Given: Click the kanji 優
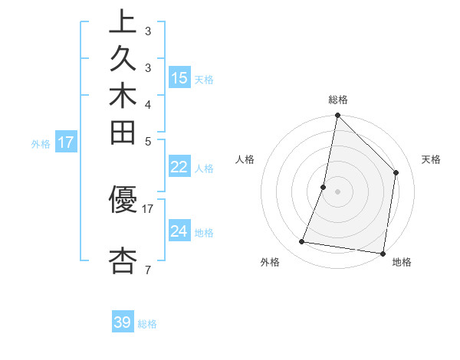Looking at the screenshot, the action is click(x=123, y=201).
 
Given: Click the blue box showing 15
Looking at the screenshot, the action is click(x=179, y=77).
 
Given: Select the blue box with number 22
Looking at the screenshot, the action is click(x=179, y=168).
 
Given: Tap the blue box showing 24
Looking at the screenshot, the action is click(x=179, y=231).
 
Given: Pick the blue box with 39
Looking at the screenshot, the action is click(x=123, y=322).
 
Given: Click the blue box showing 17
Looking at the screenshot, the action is click(x=66, y=142).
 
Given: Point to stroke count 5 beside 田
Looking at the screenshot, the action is click(x=147, y=141).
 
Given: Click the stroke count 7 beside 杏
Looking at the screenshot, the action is click(x=147, y=270).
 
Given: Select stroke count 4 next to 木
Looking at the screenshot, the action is click(x=147, y=103).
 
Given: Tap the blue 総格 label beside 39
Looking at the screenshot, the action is click(x=148, y=324).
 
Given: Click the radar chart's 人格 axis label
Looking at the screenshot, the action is click(x=245, y=159).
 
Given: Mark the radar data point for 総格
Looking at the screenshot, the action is click(x=337, y=116).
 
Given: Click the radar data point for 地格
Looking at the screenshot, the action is click(x=382, y=253).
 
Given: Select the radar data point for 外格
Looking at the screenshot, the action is click(x=302, y=242).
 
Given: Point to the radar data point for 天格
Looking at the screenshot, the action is click(x=396, y=172).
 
